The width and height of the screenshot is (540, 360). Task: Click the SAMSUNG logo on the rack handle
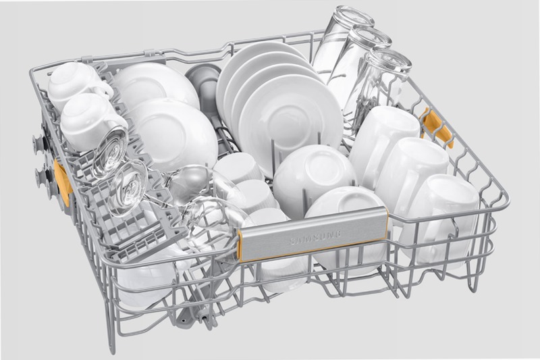point(315,237)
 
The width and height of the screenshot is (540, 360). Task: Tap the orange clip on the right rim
point(435,128)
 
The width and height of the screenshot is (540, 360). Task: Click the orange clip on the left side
point(63,182)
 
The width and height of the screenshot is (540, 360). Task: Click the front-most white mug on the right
point(439,217)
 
